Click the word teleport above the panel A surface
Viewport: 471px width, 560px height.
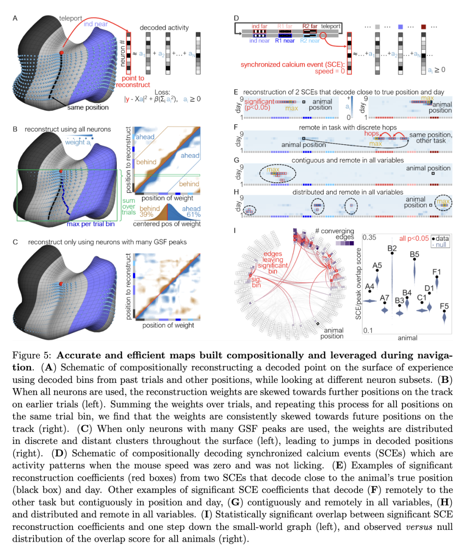point(70,18)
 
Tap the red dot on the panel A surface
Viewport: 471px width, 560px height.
point(61,53)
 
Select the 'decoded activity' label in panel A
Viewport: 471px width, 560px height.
point(164,27)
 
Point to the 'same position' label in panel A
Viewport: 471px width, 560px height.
point(88,107)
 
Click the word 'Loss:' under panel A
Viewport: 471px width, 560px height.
point(162,92)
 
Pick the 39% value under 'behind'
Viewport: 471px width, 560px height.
point(146,215)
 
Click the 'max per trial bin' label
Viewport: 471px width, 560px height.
point(91,224)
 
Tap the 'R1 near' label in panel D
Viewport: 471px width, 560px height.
point(285,41)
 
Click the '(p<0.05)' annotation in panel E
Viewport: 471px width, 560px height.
point(257,107)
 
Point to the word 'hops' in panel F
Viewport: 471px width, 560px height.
point(372,133)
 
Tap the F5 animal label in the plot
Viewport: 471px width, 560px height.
point(444,306)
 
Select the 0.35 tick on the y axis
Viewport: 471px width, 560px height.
point(369,237)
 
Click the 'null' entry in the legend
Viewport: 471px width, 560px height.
point(440,245)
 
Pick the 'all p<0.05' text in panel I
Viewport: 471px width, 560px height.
point(414,239)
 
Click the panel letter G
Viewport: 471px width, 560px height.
point(236,160)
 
